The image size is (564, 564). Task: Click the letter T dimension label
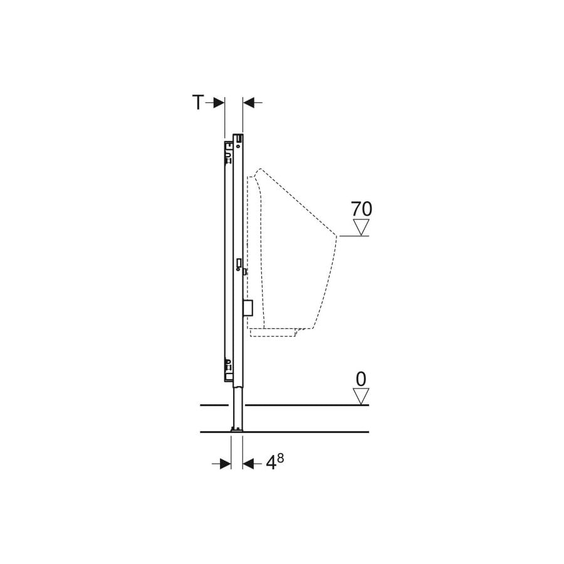point(198,102)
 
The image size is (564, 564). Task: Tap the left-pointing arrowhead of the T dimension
point(249,103)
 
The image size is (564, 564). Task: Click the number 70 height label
point(362,209)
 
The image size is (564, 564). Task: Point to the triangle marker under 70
point(361,227)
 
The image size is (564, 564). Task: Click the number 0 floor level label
point(361,379)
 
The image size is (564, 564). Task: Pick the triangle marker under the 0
point(361,396)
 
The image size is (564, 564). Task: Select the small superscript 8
point(281,458)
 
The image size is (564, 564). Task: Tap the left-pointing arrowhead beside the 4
point(249,464)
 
